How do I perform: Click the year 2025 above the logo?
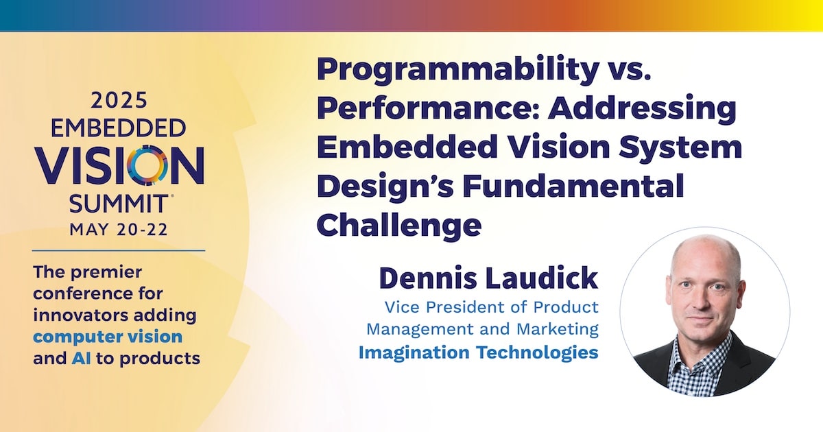pos(119,100)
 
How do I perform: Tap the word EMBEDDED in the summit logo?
pos(118,128)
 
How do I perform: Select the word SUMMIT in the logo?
pos(118,204)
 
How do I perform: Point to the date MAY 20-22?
pos(119,230)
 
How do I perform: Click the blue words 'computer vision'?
pos(108,337)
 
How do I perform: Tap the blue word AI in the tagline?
pos(81,358)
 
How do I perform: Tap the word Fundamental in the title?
pos(573,186)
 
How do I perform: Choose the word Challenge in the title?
pos(399,226)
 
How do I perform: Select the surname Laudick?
pos(541,278)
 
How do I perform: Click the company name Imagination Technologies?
pos(479,352)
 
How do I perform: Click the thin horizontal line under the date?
pos(119,251)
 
